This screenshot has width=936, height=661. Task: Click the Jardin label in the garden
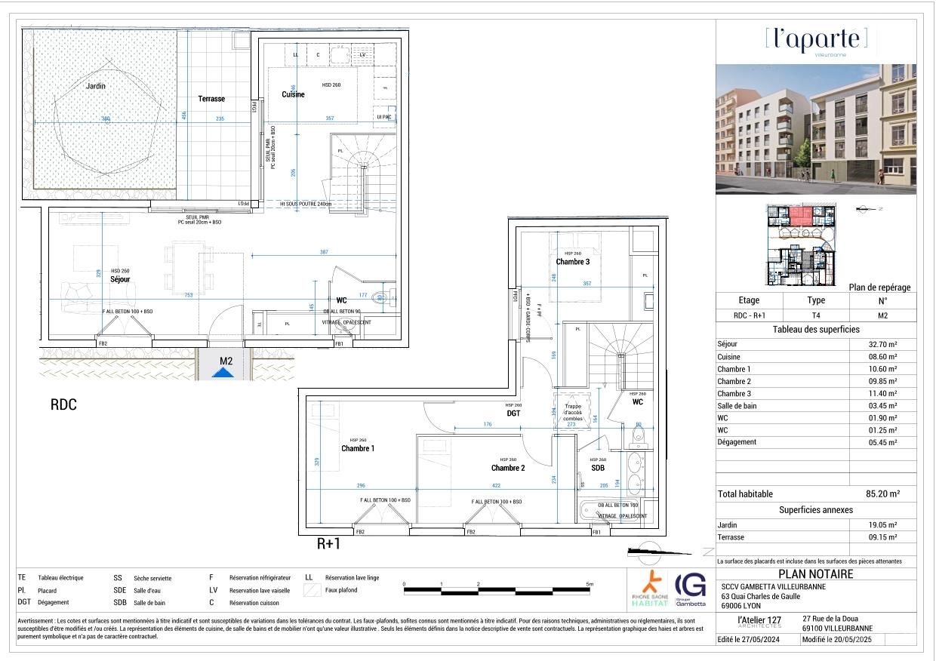coord(96,86)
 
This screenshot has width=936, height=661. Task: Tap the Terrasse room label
coord(211,99)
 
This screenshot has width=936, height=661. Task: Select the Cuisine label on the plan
coord(293,94)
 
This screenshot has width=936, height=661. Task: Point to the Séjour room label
coord(120,279)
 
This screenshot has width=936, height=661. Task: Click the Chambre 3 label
coord(572,262)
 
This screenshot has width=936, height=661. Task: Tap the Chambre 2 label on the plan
coord(507,468)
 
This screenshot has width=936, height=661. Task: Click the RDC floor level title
coord(63,404)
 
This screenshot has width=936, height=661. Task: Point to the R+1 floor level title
coord(328,543)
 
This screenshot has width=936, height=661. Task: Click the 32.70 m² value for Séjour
coord(882,344)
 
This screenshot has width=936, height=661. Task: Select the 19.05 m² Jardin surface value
coord(882,524)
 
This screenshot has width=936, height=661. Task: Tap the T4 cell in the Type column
coord(816,317)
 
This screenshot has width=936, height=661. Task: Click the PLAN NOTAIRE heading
coord(815,574)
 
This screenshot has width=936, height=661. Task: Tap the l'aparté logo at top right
coord(815,38)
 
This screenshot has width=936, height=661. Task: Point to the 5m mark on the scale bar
coord(590,584)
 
